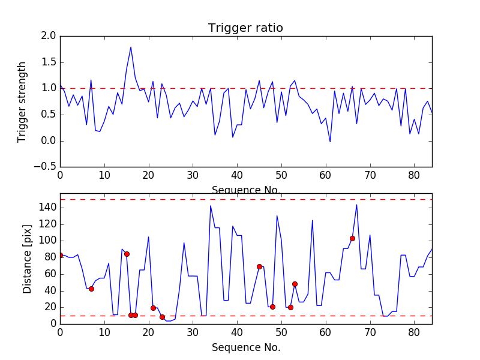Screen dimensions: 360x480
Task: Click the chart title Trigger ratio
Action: pyautogui.click(x=245, y=28)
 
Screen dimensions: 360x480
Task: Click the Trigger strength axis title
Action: pyautogui.click(x=22, y=101)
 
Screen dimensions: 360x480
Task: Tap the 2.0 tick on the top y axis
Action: pyautogui.click(x=49, y=36)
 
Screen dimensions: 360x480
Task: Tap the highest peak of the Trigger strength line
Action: pyautogui.click(x=131, y=47)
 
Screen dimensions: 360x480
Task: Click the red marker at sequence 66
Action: pyautogui.click(x=352, y=238)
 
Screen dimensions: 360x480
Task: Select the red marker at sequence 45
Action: pyautogui.click(x=259, y=266)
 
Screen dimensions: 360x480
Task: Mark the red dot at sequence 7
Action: pyautogui.click(x=91, y=289)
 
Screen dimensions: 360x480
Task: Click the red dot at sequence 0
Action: pyautogui.click(x=60, y=255)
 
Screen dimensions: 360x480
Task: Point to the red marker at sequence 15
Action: pyautogui.click(x=127, y=254)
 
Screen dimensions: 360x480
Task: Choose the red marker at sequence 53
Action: pyautogui.click(x=295, y=284)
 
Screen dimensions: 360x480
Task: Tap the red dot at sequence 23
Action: pyautogui.click(x=162, y=317)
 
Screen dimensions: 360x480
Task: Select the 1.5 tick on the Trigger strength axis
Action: pyautogui.click(x=49, y=62)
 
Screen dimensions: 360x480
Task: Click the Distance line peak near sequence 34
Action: pyautogui.click(x=211, y=206)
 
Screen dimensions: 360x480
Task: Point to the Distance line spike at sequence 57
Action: pyautogui.click(x=313, y=220)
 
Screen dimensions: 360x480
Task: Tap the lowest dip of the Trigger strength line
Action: pyautogui.click(x=330, y=142)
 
